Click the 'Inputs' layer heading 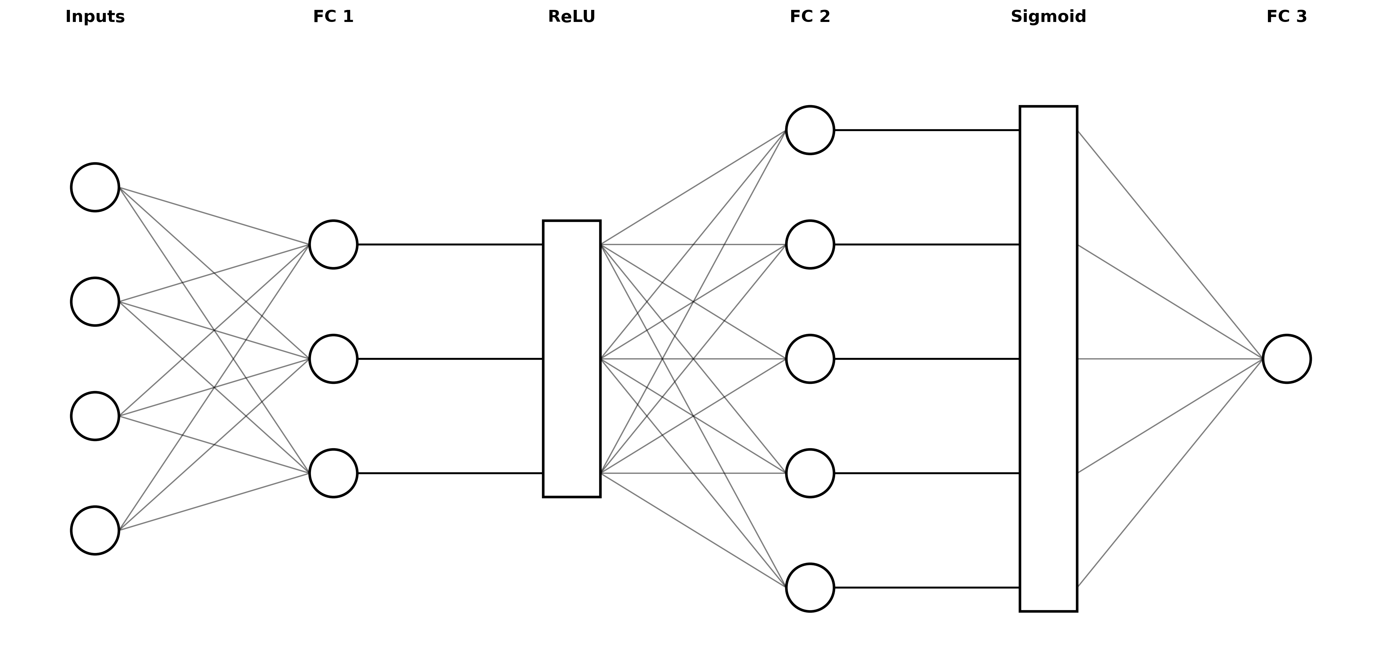(95, 17)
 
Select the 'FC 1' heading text (333, 17)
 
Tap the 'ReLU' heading (571, 17)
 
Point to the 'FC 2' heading (809, 17)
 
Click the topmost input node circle (95, 187)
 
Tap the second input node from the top (95, 302)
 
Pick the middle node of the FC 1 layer (333, 359)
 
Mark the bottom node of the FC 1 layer (333, 473)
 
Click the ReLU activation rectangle (571, 359)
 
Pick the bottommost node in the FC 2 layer (809, 588)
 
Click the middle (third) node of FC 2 (809, 359)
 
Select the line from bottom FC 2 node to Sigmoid (927, 588)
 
